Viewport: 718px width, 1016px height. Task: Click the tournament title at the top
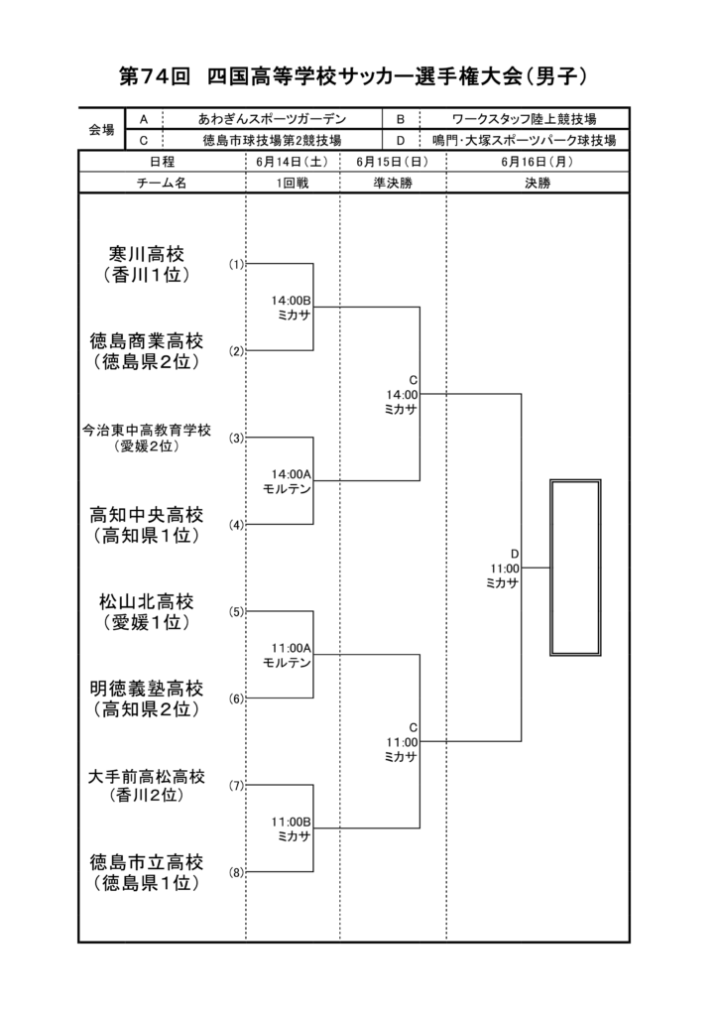[353, 76]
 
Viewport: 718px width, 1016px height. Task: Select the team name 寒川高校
[147, 253]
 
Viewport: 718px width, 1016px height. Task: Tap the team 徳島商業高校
[147, 341]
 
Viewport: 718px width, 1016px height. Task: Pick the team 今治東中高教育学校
[147, 431]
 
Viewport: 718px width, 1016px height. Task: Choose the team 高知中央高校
[147, 515]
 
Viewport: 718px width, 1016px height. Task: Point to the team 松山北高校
[147, 601]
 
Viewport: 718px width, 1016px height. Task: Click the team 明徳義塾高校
[147, 689]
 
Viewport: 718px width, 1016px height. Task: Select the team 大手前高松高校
[147, 776]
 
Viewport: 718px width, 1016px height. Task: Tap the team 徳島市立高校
[147, 862]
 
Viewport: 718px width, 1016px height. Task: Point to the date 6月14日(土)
[292, 162]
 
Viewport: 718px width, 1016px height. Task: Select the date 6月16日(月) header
[538, 162]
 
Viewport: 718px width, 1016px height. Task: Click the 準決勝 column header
[393, 184]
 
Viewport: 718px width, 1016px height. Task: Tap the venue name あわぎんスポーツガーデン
[272, 119]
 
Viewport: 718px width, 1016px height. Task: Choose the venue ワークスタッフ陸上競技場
[524, 119]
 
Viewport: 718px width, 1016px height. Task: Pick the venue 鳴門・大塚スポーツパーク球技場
[525, 140]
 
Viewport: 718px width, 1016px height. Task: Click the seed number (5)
[236, 611]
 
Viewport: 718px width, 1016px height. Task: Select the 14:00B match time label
[291, 301]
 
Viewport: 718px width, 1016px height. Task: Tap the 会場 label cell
[101, 130]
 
